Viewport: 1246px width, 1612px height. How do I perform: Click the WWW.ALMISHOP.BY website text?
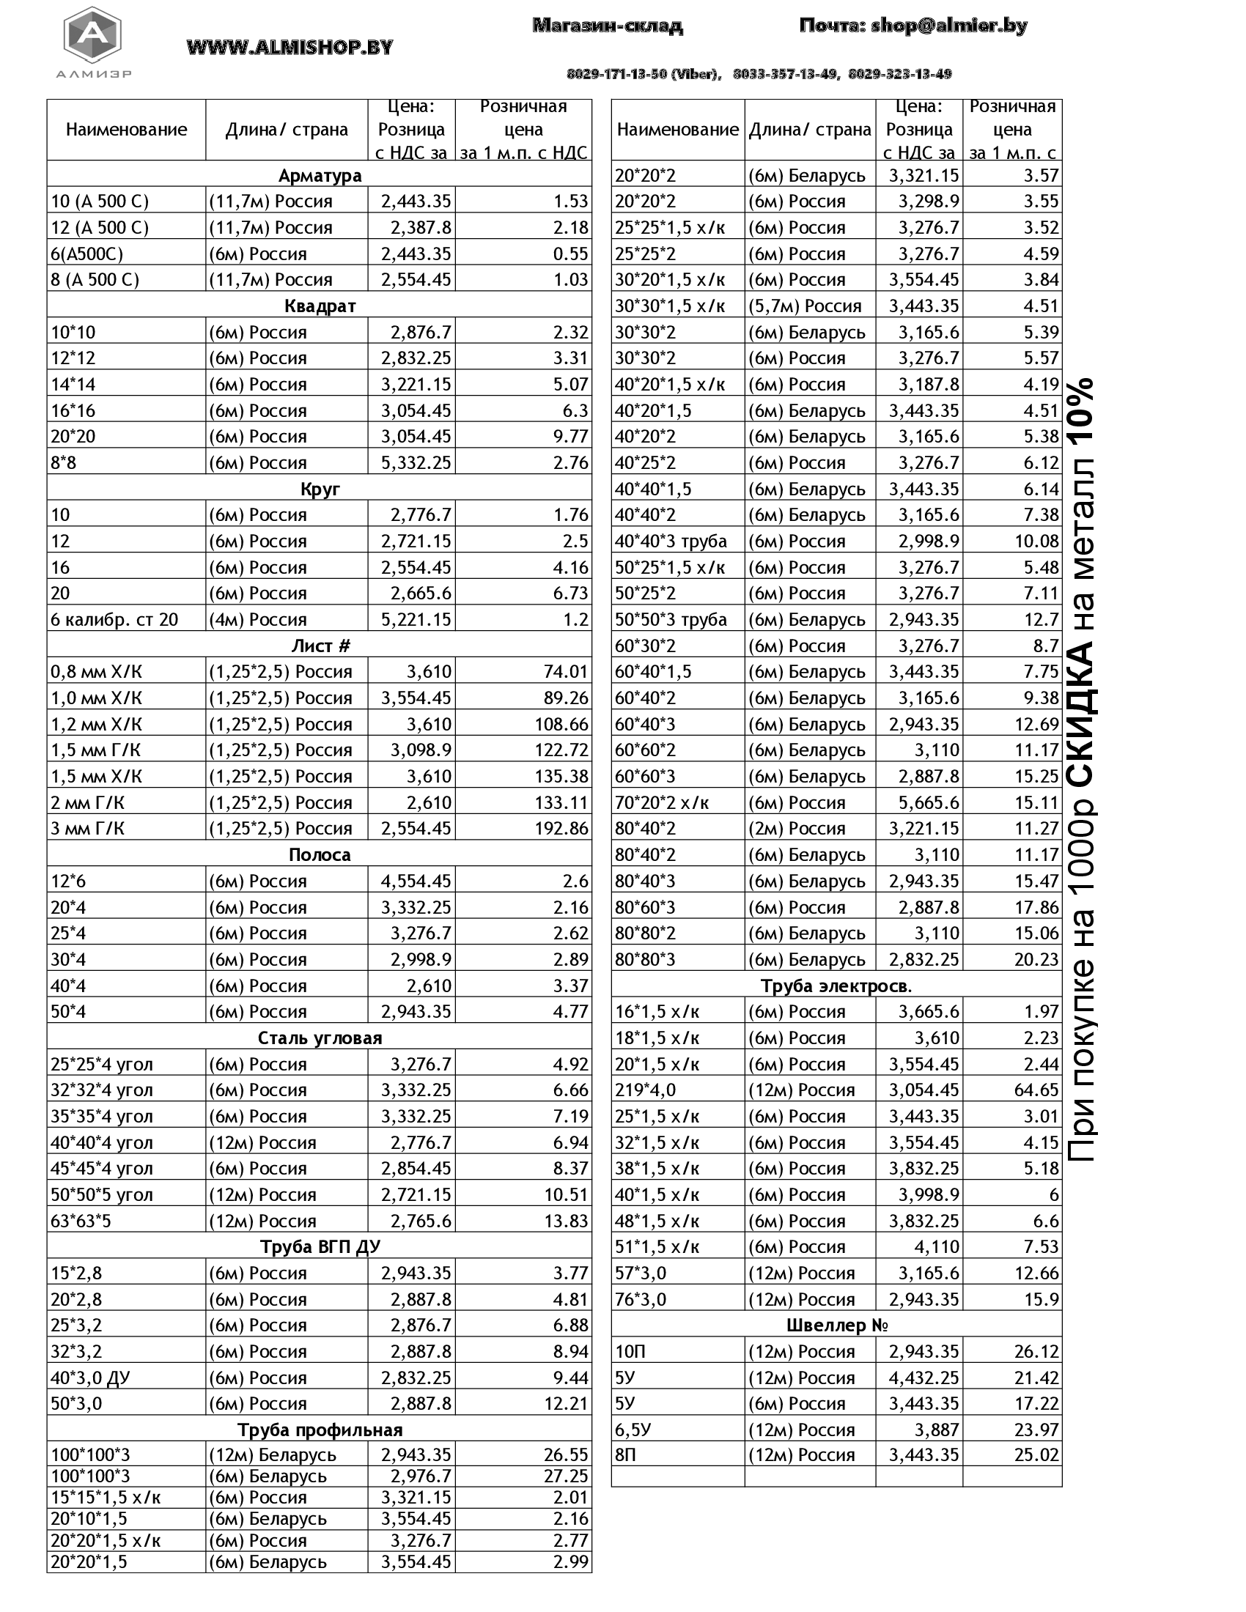[x=290, y=48]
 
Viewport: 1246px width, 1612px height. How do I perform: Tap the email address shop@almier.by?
[x=948, y=26]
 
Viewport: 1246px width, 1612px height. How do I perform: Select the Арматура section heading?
[x=320, y=176]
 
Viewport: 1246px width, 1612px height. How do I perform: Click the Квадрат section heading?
[x=320, y=306]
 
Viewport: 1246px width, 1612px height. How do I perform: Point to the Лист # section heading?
[x=320, y=646]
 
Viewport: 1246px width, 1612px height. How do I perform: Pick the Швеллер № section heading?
[x=836, y=1325]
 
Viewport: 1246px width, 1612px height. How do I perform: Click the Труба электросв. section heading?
[x=836, y=986]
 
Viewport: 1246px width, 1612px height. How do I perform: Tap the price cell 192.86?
[x=561, y=828]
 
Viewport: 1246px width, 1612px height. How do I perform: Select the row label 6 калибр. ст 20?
[x=114, y=619]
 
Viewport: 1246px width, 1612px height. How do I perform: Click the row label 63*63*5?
[x=81, y=1221]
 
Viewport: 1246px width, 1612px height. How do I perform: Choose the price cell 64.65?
[x=1036, y=1090]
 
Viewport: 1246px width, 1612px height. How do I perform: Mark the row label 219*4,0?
[x=645, y=1090]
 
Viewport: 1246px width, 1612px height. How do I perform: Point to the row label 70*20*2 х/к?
[x=661, y=802]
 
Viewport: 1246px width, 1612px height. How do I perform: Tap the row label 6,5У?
[x=633, y=1430]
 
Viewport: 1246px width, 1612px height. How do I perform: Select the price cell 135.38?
[x=561, y=776]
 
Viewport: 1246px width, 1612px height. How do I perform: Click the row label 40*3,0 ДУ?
[x=90, y=1378]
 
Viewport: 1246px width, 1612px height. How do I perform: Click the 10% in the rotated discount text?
[x=1080, y=410]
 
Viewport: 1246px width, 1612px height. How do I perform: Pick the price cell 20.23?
[x=1036, y=960]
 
